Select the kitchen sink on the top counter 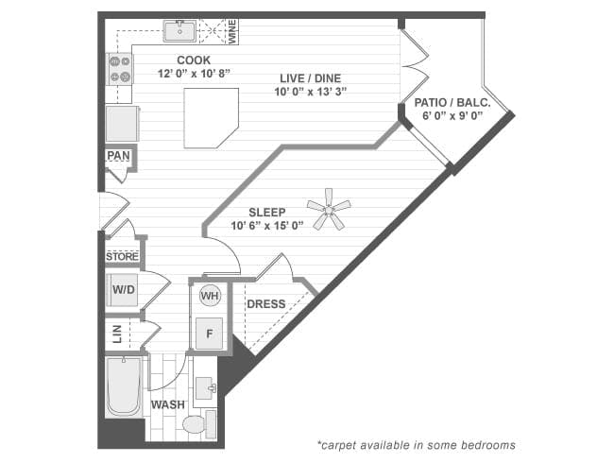(179, 31)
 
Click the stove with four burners (120, 67)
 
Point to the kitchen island (210, 117)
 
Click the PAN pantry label (118, 156)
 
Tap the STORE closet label (122, 256)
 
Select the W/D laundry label (123, 290)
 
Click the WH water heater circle (210, 296)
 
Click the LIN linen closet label (113, 334)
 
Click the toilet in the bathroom (196, 424)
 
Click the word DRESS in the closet (265, 304)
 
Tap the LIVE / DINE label (309, 77)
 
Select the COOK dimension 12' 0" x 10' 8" (193, 73)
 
